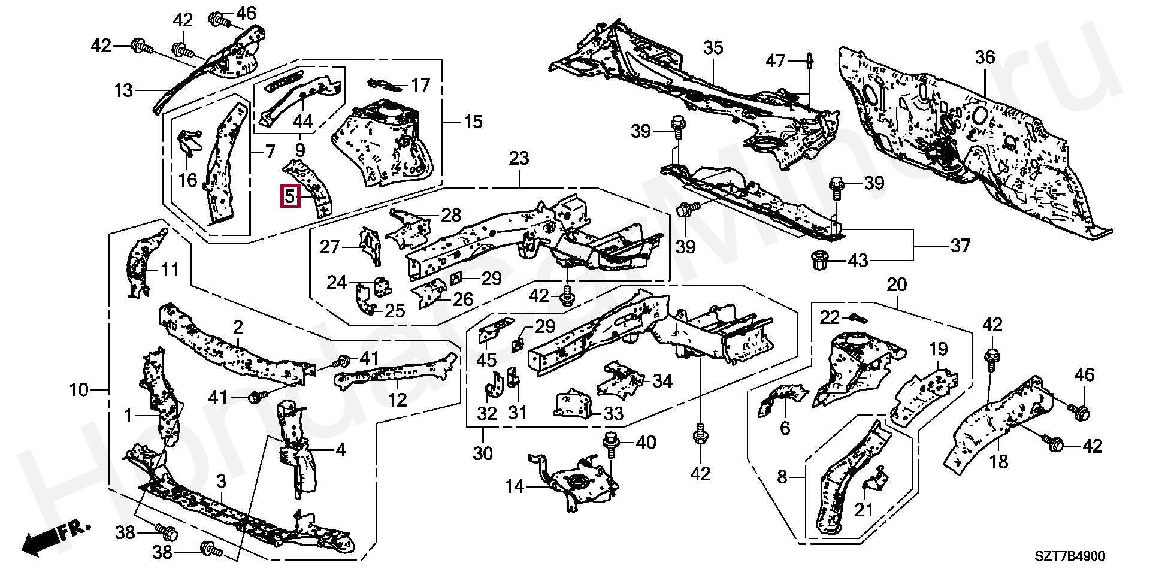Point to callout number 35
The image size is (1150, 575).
[713, 48]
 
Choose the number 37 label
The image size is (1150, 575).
[960, 246]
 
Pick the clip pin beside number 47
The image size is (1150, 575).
[809, 60]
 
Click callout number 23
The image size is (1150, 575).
[519, 159]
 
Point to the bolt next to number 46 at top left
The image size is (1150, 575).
[219, 18]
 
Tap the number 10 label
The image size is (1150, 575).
[78, 391]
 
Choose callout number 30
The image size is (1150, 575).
[482, 453]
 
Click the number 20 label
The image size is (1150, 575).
[897, 285]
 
